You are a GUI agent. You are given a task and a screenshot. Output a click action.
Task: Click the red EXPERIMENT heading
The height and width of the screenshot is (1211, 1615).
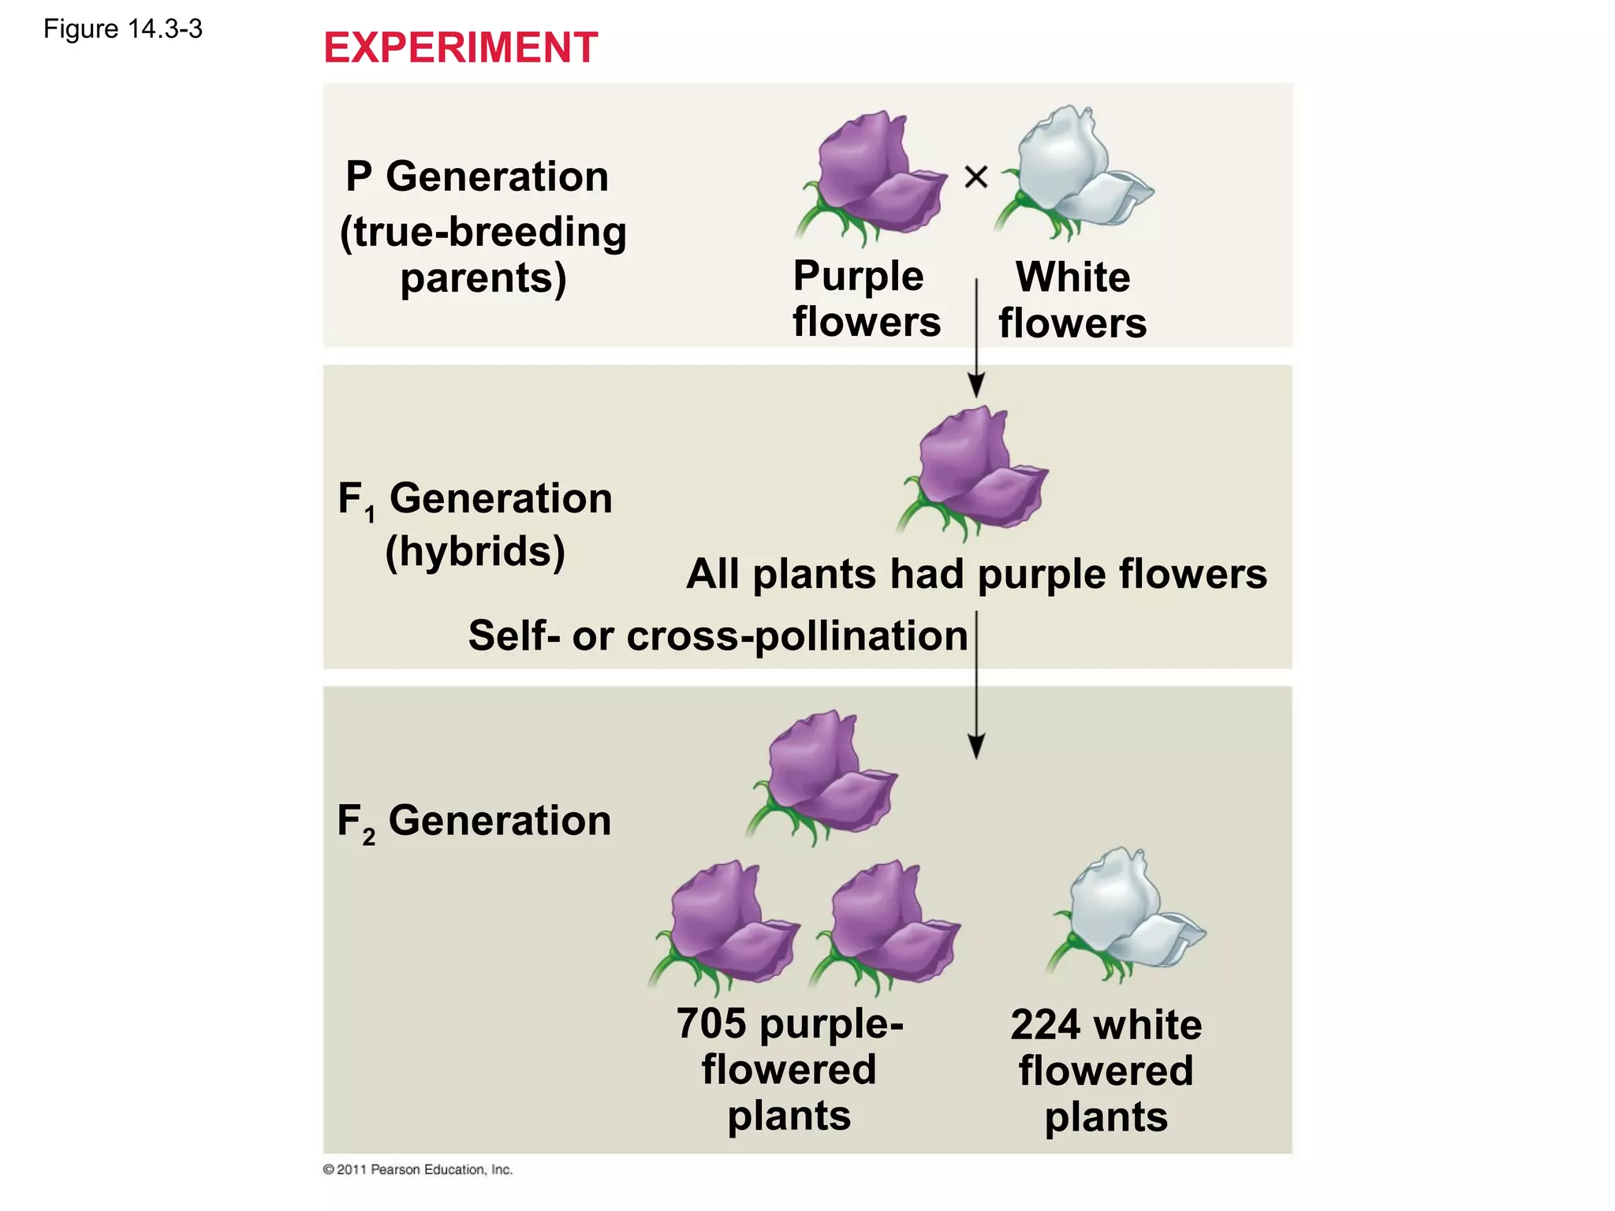(x=461, y=48)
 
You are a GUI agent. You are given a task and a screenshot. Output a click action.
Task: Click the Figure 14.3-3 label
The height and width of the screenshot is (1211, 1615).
(x=123, y=29)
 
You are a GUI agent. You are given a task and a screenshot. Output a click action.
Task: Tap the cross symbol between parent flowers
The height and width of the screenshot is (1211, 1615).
(x=975, y=177)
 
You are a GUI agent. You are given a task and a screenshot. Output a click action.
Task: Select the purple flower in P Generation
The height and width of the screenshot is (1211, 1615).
(x=871, y=177)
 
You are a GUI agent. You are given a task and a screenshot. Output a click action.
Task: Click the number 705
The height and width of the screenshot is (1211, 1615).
(x=711, y=1023)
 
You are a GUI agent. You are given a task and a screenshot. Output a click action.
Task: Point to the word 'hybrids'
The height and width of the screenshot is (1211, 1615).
(x=476, y=551)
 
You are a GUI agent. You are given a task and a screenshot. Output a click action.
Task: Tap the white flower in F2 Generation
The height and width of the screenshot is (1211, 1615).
(x=1128, y=915)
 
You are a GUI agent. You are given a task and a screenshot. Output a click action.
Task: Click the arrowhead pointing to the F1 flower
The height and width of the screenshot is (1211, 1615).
(x=976, y=386)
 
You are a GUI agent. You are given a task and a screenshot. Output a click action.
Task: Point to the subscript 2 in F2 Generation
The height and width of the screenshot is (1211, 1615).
(x=369, y=837)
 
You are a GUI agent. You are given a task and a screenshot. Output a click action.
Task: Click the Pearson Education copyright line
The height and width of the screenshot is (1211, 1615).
(x=418, y=1169)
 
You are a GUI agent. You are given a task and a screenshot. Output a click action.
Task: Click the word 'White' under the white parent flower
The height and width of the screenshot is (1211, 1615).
(x=1072, y=278)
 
